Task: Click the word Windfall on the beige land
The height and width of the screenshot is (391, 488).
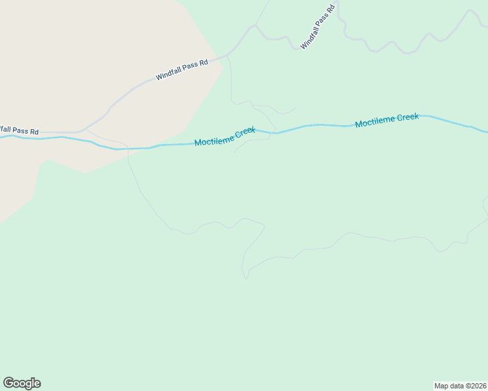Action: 168,74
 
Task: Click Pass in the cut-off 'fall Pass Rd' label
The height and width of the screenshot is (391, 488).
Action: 19,130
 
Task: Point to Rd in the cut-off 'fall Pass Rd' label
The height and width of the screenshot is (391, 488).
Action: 33,132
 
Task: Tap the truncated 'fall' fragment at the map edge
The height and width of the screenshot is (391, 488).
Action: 5,129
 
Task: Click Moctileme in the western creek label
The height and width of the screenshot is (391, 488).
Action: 214,139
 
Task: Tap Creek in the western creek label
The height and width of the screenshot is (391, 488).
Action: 245,132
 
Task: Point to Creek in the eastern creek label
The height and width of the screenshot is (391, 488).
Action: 407,117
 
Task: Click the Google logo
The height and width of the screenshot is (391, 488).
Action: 22,383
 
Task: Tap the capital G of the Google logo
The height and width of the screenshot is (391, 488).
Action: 8,383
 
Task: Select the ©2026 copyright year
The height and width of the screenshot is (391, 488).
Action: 475,385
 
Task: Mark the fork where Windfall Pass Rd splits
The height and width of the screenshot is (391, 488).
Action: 256,25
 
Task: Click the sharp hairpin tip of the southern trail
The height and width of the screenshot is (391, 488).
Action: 246,278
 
